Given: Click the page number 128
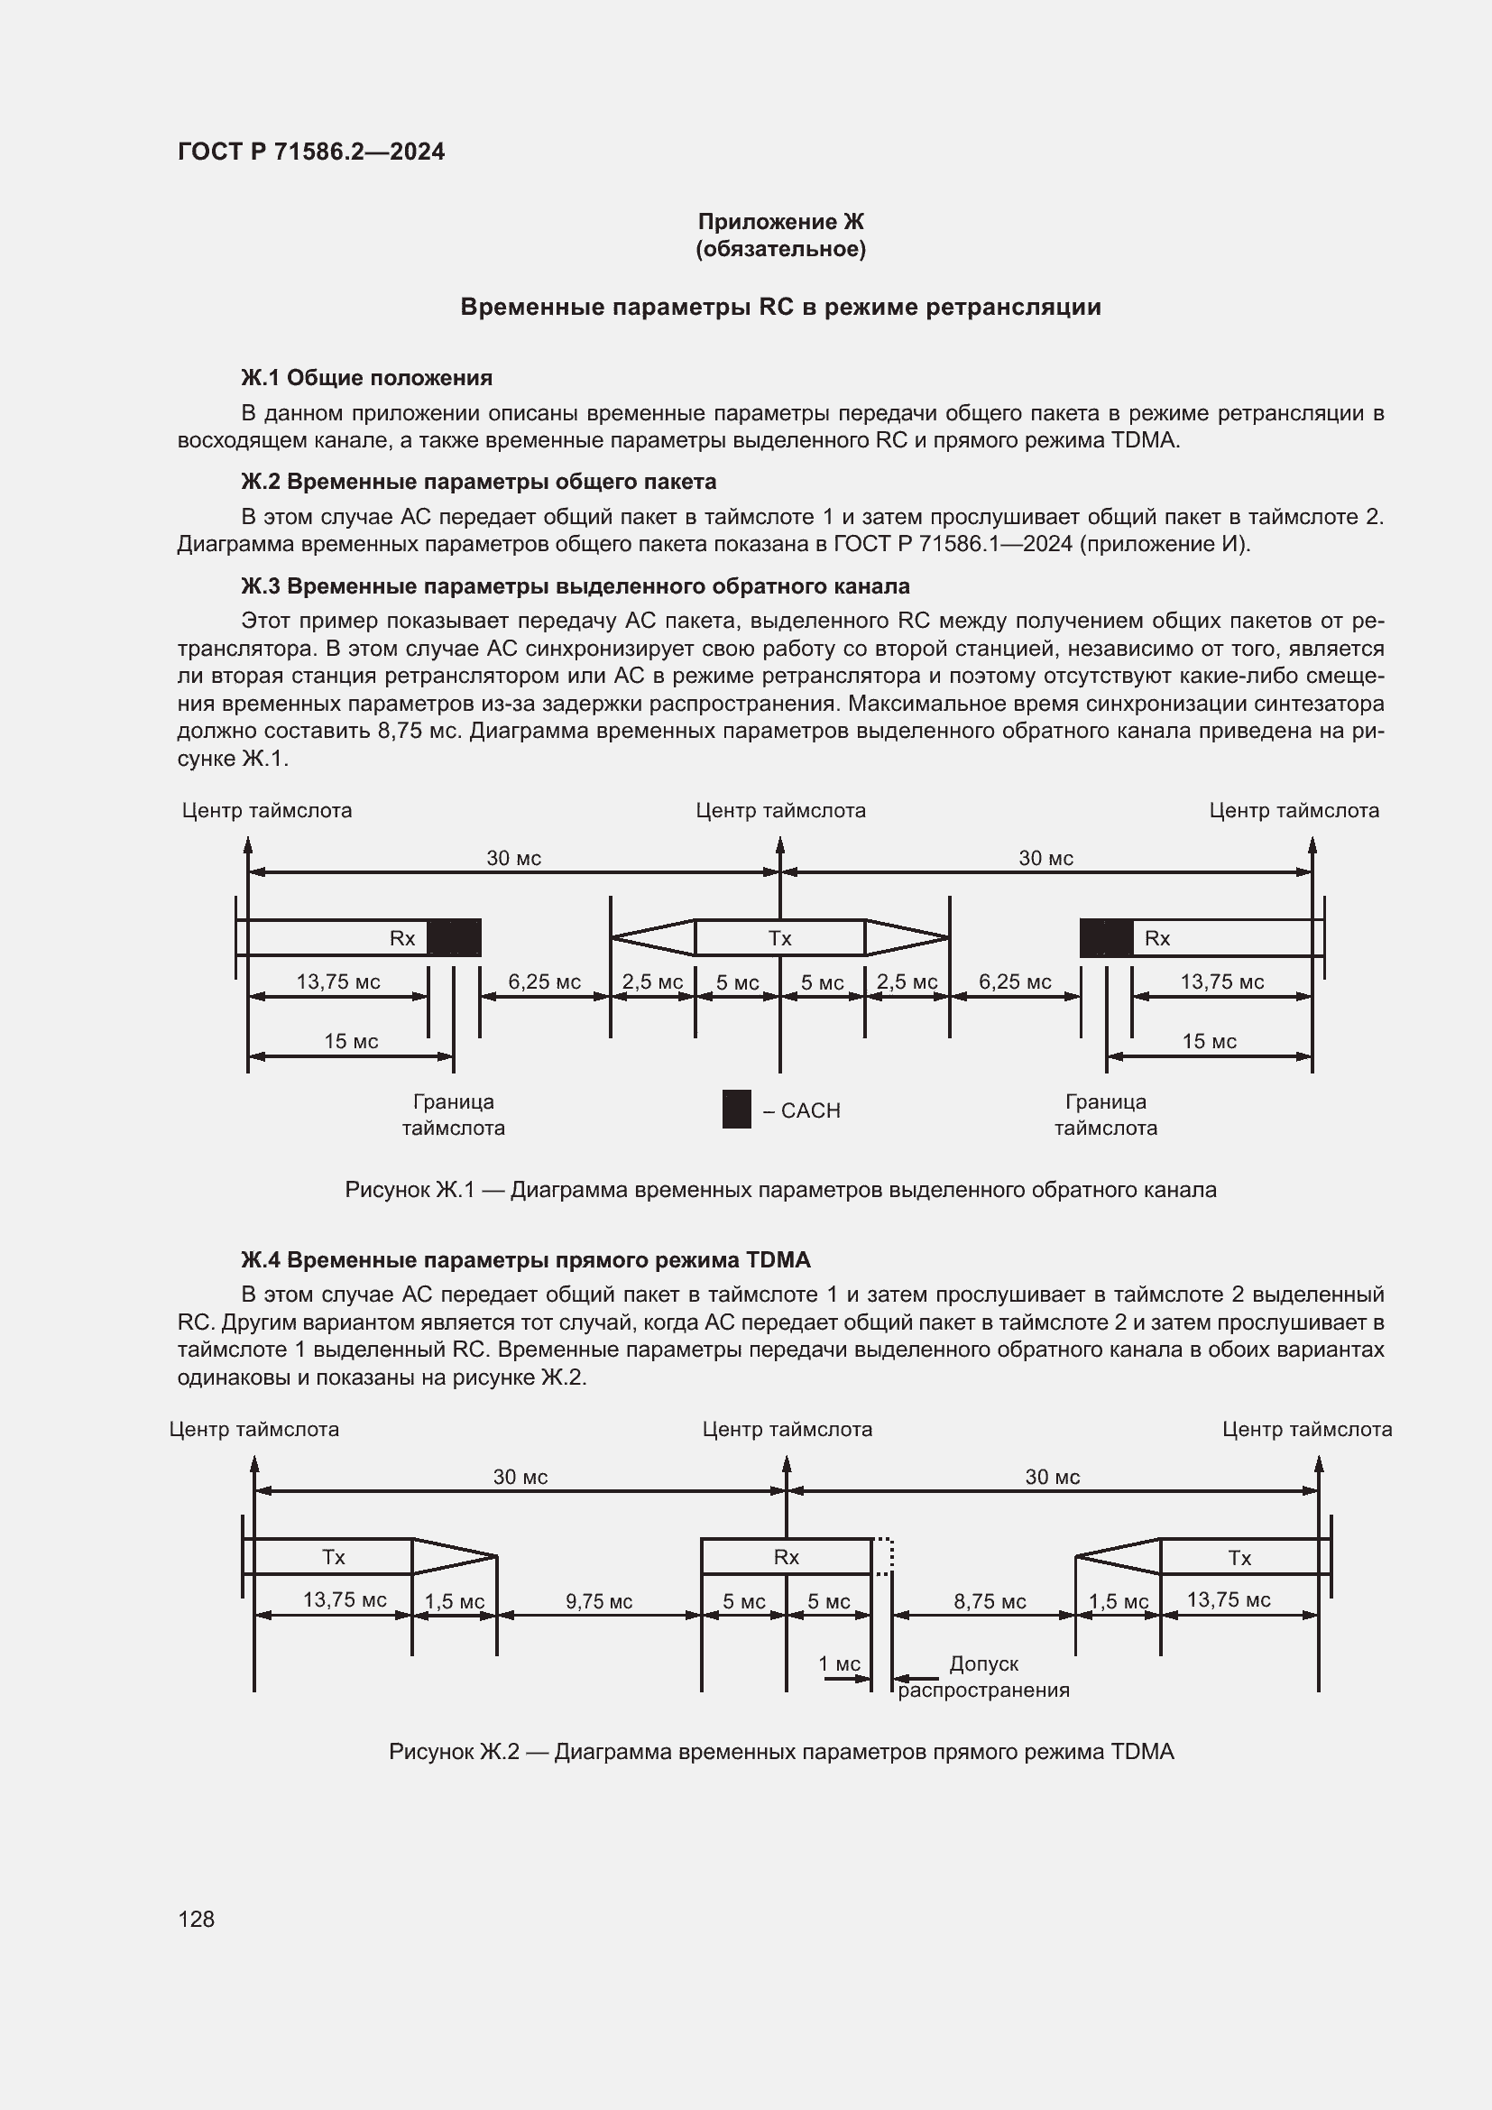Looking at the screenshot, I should click(197, 1918).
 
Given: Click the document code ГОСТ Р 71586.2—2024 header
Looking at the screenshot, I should click(310, 152).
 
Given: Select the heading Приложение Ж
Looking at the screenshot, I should click(780, 222).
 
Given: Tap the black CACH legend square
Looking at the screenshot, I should click(736, 1110).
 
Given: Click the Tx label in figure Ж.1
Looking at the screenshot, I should click(779, 938).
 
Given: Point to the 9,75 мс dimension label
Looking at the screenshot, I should click(598, 1602).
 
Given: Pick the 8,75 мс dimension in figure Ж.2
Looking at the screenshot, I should click(989, 1602).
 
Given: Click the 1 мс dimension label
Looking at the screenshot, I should click(839, 1664).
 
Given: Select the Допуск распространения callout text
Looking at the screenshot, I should click(983, 1677).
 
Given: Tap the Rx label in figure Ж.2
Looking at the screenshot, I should click(786, 1557).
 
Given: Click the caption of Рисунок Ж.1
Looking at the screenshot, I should click(780, 1190).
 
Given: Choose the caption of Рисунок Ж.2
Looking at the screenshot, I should click(781, 1752).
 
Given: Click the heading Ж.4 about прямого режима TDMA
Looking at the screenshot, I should click(526, 1260).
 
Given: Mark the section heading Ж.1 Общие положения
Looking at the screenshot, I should click(366, 378).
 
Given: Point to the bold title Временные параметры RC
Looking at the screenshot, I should click(780, 307).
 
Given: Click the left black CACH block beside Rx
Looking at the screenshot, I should click(454, 938).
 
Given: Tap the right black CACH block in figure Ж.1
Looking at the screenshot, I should click(1105, 938).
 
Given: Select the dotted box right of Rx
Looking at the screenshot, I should click(882, 1557).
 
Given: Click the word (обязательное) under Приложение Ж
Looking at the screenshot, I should click(780, 249).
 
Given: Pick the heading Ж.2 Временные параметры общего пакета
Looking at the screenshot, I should click(478, 482).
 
